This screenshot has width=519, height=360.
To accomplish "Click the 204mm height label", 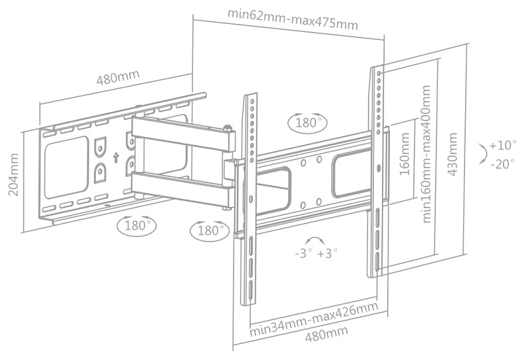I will click(x=13, y=175).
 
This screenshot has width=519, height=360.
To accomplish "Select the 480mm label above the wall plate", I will click(x=118, y=77).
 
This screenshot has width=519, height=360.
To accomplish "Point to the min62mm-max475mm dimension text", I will click(x=293, y=19).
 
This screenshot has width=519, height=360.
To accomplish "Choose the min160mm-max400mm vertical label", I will click(x=427, y=156).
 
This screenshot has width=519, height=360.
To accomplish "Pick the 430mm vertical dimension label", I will click(x=454, y=153).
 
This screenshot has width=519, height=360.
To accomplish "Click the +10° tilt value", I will click(x=502, y=145).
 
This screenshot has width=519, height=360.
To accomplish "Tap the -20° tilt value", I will click(x=502, y=163).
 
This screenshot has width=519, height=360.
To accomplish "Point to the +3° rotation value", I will click(x=327, y=253).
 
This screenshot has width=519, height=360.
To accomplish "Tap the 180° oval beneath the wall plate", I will click(x=136, y=225).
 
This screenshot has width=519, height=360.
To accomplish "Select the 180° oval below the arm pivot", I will click(x=209, y=230).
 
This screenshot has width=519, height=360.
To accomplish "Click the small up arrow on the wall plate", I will click(x=116, y=158).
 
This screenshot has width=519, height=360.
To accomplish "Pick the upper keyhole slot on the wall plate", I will click(x=100, y=145).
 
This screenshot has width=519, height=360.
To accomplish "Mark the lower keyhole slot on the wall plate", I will click(x=100, y=172).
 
